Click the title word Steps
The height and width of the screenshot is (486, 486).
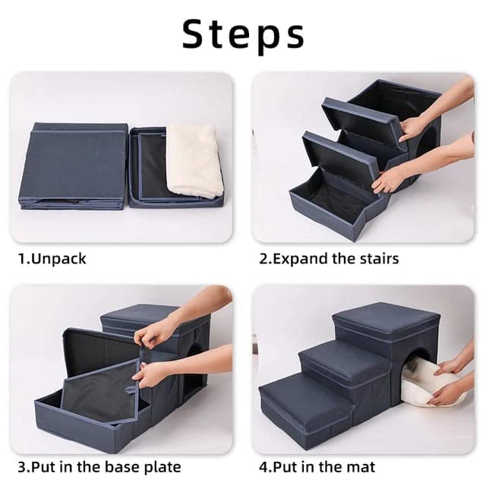click(243, 34)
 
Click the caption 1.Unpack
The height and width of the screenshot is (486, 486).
click(52, 258)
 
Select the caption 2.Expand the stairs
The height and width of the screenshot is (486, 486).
click(329, 258)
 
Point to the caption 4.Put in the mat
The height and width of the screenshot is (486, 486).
click(317, 465)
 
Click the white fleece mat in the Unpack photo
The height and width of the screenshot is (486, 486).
click(194, 160)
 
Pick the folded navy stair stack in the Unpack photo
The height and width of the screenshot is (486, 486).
click(74, 165)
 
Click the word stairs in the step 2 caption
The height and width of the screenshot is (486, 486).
click(377, 258)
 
